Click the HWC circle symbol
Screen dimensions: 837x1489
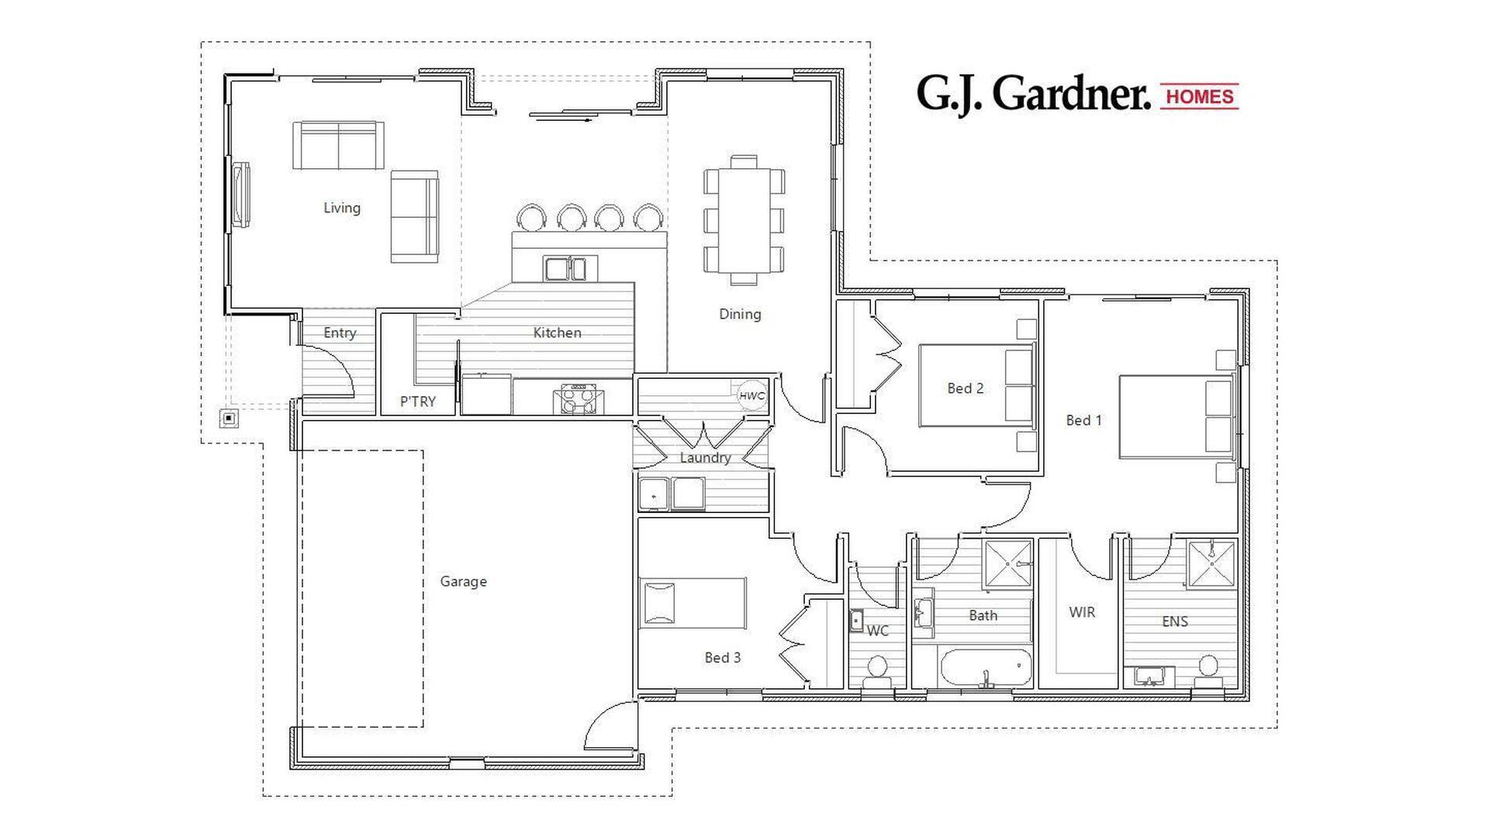751,395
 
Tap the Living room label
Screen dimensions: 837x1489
341,208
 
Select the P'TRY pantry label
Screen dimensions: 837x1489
417,401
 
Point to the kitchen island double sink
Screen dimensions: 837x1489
565,269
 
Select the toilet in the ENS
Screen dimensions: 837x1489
1208,671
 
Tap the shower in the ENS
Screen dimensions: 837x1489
1211,564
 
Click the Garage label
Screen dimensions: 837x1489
463,581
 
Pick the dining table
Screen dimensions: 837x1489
744,220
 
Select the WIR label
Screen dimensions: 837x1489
1082,612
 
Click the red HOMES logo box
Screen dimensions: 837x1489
1199,96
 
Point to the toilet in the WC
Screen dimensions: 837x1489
877,670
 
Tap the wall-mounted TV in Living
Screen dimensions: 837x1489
241,194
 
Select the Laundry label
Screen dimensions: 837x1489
705,458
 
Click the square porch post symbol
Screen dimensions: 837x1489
229,419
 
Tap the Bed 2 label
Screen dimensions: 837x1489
965,388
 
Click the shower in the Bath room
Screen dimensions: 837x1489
1007,564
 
